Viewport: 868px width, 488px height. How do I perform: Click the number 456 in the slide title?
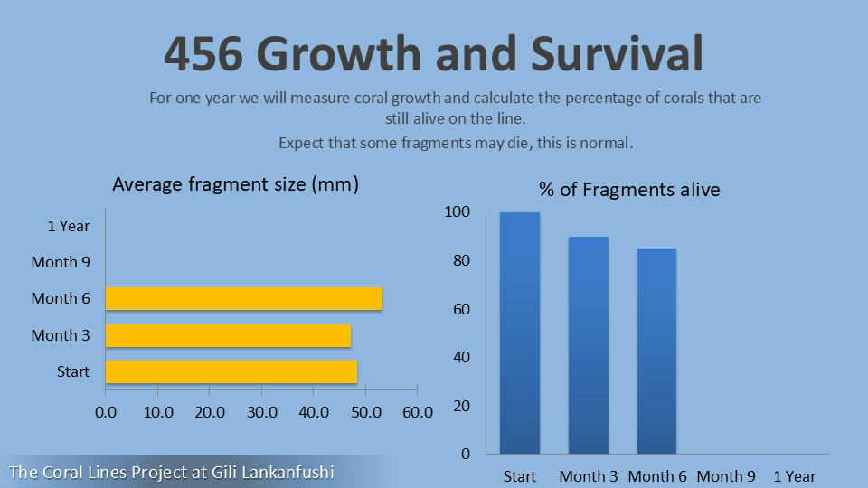203,54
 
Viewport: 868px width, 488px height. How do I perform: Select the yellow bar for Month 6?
243,299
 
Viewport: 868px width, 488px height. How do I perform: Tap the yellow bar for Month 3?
228,335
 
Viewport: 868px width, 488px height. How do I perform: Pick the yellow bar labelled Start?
231,372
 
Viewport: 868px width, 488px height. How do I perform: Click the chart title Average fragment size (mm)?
236,185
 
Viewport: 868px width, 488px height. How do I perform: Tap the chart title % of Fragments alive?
629,190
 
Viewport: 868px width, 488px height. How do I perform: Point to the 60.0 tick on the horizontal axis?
417,412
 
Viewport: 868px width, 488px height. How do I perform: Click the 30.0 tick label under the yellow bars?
261,412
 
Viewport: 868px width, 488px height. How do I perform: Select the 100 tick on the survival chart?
458,212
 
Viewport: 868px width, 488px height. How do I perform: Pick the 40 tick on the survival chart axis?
461,357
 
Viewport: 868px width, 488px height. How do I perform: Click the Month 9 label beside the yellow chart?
61,262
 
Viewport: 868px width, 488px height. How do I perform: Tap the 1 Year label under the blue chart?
795,476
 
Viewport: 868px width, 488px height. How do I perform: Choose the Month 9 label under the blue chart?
726,476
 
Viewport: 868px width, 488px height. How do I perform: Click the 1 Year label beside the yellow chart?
69,226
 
